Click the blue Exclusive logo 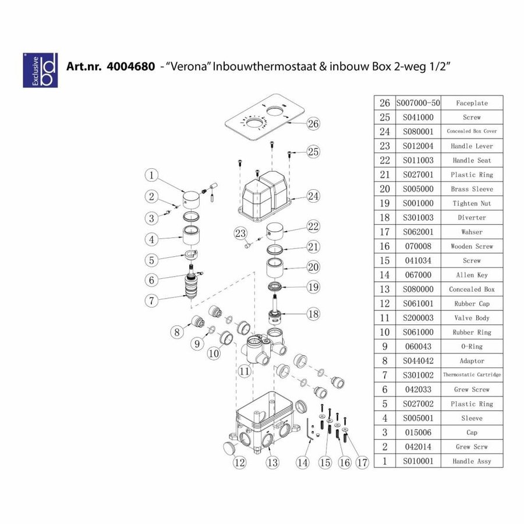[40, 70]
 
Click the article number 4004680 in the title [130, 66]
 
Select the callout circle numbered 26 [313, 123]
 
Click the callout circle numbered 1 [151, 175]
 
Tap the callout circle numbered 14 [302, 463]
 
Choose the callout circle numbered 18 [313, 314]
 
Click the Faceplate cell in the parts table [472, 103]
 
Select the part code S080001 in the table [417, 132]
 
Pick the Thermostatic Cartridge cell [472, 375]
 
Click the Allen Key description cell [472, 275]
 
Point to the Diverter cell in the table [472, 218]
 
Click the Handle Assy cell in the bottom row [472, 461]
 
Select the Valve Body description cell [472, 318]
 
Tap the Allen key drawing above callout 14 [309, 431]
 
